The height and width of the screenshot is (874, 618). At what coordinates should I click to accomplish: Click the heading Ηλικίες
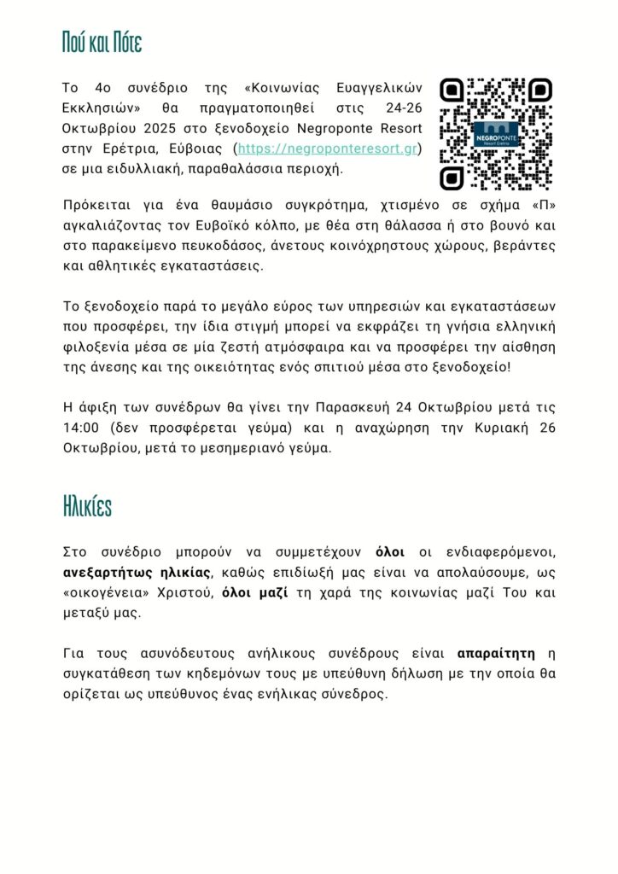coord(87,506)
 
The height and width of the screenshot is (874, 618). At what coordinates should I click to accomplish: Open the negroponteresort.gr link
coord(327,149)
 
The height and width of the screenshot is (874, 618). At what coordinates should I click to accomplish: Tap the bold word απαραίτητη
coord(497,654)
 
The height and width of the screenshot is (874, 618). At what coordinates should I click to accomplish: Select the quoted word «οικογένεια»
coord(106,591)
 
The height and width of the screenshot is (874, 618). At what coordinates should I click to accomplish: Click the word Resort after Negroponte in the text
coord(402,129)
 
